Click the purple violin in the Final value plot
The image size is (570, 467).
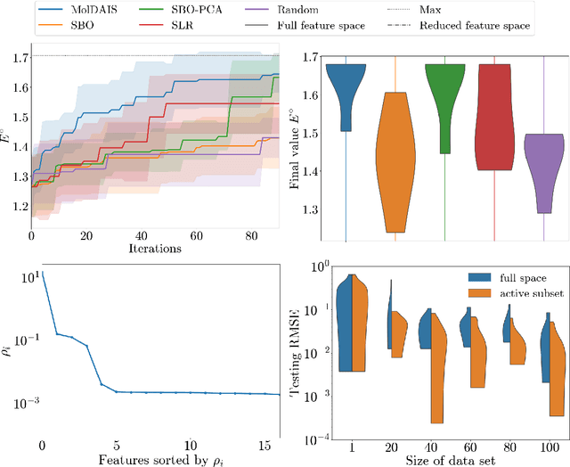pyautogui.click(x=543, y=174)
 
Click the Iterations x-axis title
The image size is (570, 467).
pyautogui.click(x=156, y=249)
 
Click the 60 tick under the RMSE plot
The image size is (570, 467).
pyautogui.click(x=465, y=444)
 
